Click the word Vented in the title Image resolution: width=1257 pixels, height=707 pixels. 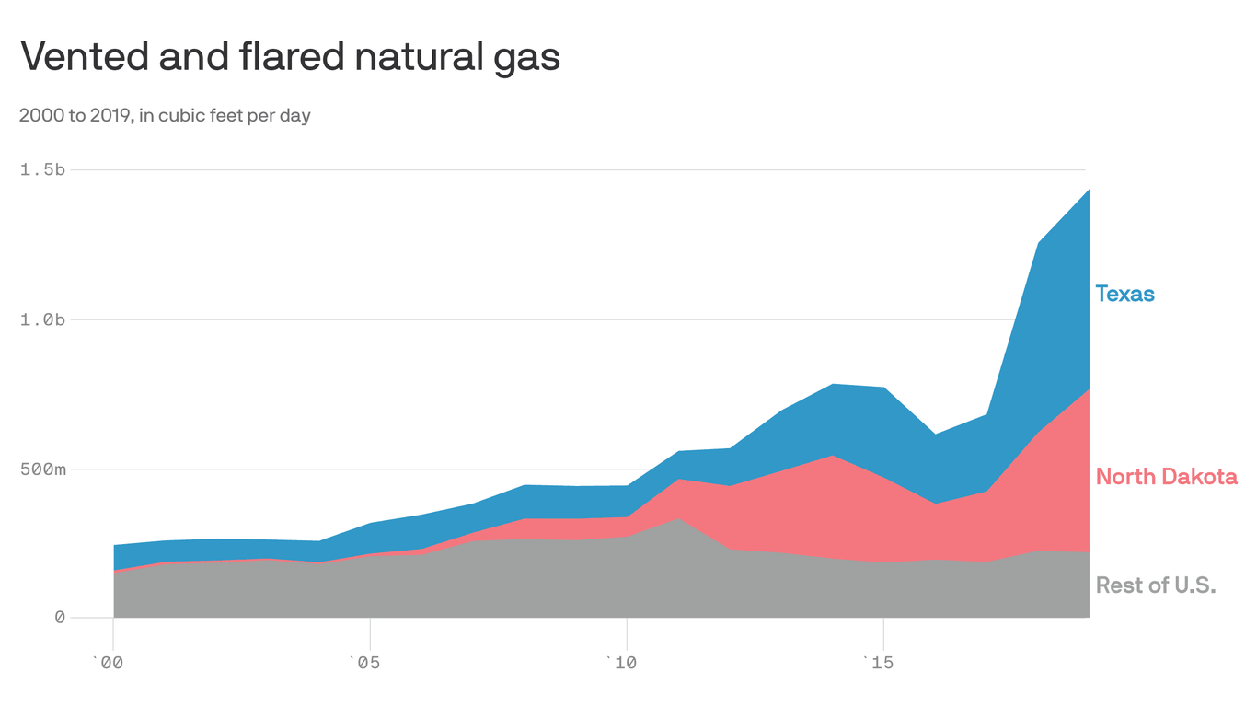pyautogui.click(x=81, y=57)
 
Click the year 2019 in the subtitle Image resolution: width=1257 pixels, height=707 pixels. pyautogui.click(x=110, y=116)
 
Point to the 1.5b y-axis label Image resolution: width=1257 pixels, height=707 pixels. pyautogui.click(x=42, y=170)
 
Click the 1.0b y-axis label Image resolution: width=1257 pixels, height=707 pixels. pyautogui.click(x=42, y=319)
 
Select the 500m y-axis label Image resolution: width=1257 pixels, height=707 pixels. pyautogui.click(x=42, y=469)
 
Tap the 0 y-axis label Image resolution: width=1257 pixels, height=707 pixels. pyautogui.click(x=60, y=618)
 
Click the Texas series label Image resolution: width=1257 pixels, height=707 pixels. pyautogui.click(x=1124, y=294)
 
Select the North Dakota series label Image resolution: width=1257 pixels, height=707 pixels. pyautogui.click(x=1166, y=477)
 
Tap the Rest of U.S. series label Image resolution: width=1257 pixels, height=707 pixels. pyautogui.click(x=1156, y=585)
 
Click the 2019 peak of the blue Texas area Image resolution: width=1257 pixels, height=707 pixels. pyautogui.click(x=1088, y=191)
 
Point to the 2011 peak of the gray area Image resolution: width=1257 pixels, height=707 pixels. pyautogui.click(x=677, y=519)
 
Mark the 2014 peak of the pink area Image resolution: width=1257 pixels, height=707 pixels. pyautogui.click(x=832, y=457)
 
